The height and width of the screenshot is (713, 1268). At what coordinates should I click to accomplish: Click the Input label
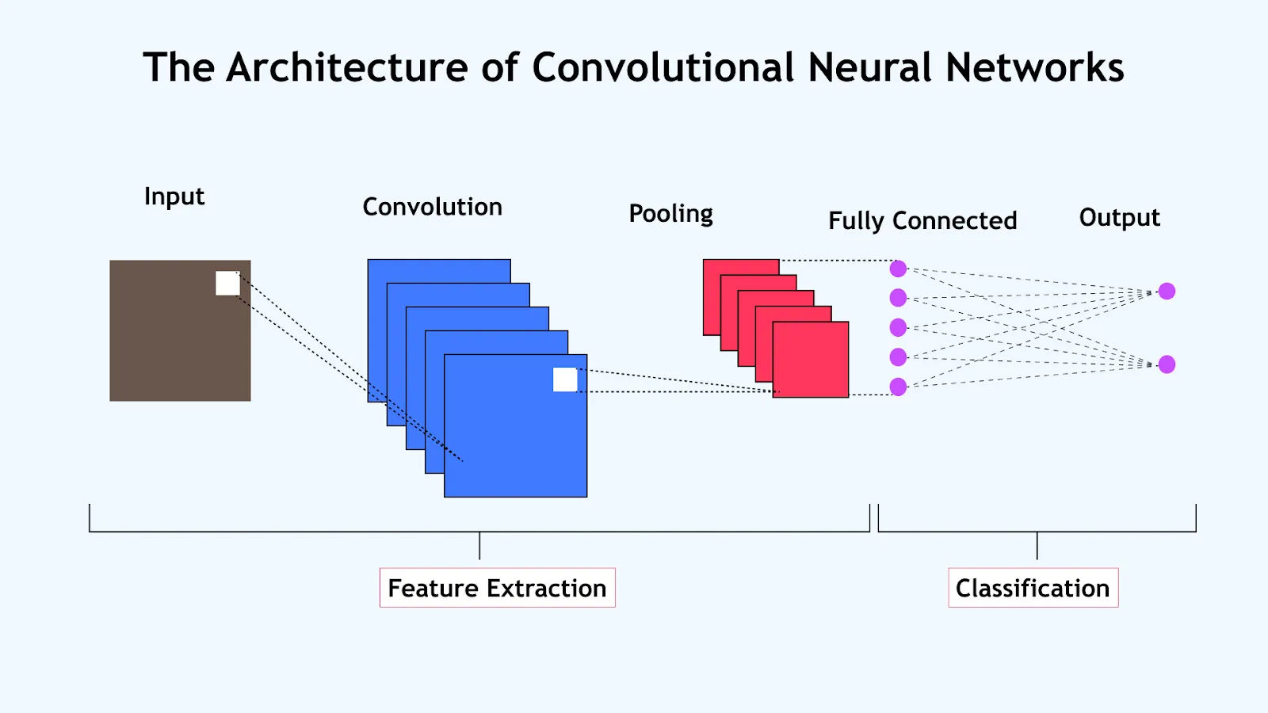point(174,196)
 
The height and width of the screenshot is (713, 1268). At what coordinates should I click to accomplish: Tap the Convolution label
point(432,207)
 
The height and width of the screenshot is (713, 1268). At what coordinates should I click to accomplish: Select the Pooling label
point(670,213)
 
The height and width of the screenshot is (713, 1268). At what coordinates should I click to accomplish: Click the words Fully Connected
point(922,220)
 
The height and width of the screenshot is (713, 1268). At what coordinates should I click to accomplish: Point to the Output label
point(1119,217)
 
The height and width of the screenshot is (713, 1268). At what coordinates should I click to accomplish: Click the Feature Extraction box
point(497,588)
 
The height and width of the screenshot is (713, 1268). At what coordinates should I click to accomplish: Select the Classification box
point(1033,588)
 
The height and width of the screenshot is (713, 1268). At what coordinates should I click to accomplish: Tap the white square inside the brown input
point(227,283)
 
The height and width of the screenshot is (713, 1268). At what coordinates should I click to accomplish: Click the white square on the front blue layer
point(565,379)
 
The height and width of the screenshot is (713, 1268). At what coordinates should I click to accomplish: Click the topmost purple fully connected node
point(898,269)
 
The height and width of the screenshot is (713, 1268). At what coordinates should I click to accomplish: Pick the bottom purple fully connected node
point(898,387)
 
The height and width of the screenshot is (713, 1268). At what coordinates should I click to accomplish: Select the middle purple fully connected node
point(898,327)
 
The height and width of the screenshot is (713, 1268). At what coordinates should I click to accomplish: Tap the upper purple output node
point(1167,291)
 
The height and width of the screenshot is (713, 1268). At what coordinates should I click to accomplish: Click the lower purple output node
point(1167,364)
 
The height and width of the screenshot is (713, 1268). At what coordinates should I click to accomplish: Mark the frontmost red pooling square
point(811,360)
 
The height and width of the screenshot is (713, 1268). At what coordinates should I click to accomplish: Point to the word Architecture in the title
point(347,67)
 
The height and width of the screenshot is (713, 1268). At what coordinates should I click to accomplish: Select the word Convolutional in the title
point(663,67)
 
